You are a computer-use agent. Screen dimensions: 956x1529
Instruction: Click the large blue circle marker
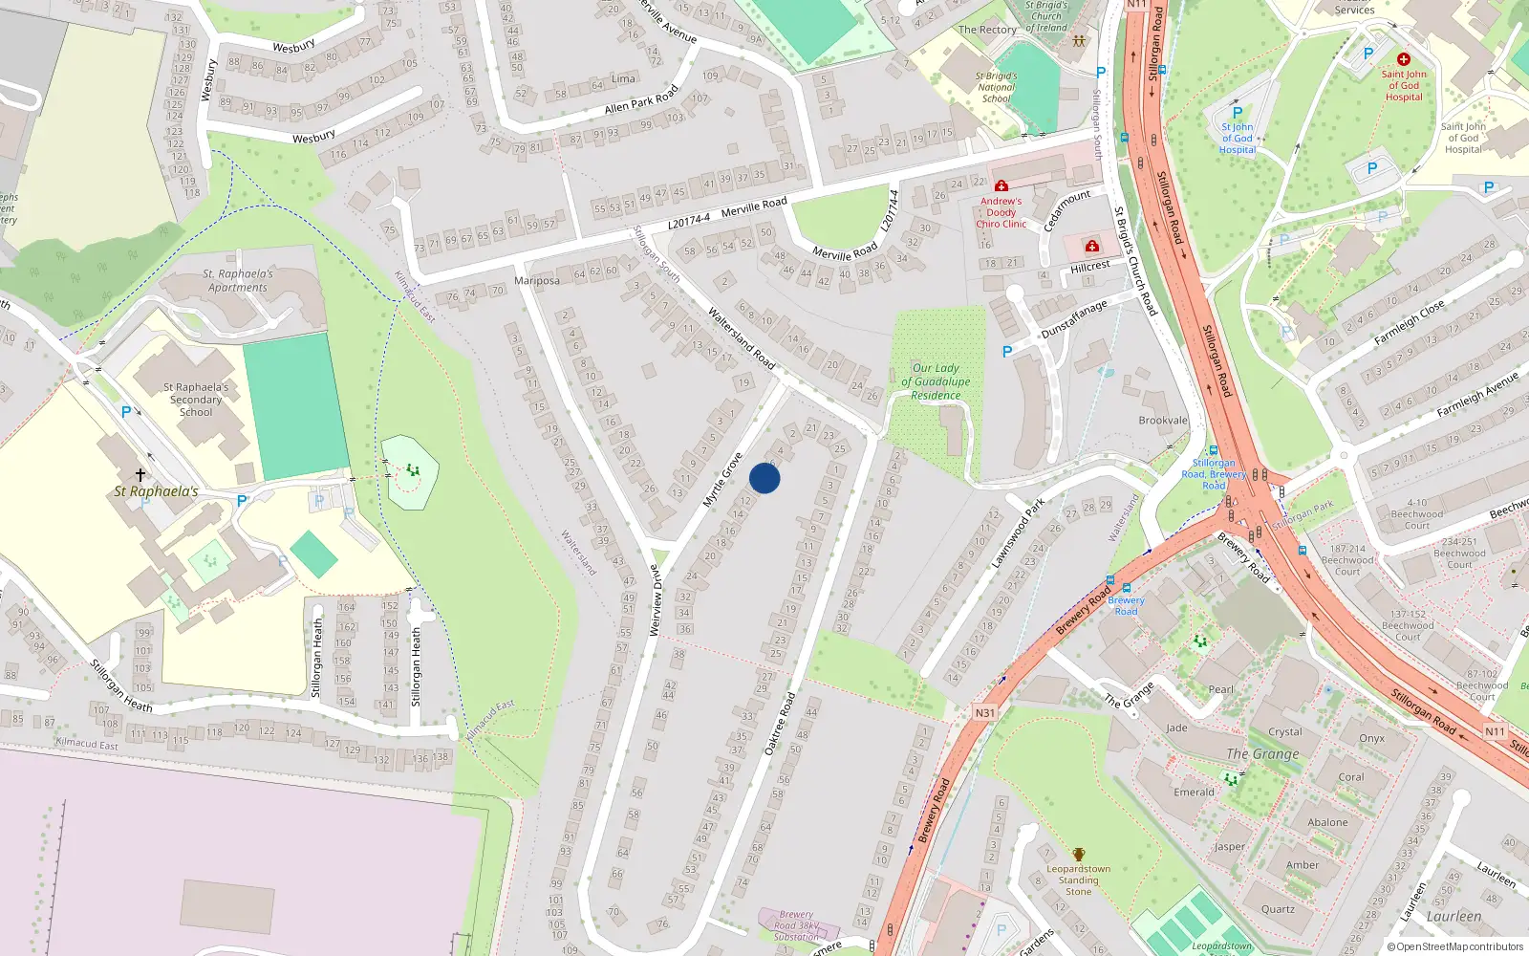coord(764,478)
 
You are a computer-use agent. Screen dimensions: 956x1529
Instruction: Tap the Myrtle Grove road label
coord(722,480)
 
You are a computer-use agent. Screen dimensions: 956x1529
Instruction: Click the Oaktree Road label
coord(780,724)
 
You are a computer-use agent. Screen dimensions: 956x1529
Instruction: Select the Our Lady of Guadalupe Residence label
coord(936,381)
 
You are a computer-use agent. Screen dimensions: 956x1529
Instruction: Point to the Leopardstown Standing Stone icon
coord(1079,855)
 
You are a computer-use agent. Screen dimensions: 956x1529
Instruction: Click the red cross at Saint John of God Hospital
coord(1404,59)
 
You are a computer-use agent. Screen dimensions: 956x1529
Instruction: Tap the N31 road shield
coord(985,712)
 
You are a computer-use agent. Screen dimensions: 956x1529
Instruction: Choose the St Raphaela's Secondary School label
coord(196,400)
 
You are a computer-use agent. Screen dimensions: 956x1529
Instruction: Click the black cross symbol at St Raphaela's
coord(140,474)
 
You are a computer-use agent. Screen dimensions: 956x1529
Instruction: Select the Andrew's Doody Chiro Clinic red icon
coord(1001,185)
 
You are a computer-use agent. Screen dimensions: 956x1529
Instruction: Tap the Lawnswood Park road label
coord(1018,532)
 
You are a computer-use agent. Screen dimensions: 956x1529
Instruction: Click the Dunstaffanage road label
coord(1074,318)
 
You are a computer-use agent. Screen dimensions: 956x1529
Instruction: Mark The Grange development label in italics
coord(1262,754)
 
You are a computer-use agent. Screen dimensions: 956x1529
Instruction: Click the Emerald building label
coord(1194,792)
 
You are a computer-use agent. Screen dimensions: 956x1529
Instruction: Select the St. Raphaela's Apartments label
coord(238,280)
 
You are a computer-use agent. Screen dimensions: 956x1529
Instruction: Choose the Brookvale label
coord(1163,421)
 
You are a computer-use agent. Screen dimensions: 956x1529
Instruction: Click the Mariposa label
coord(537,280)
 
